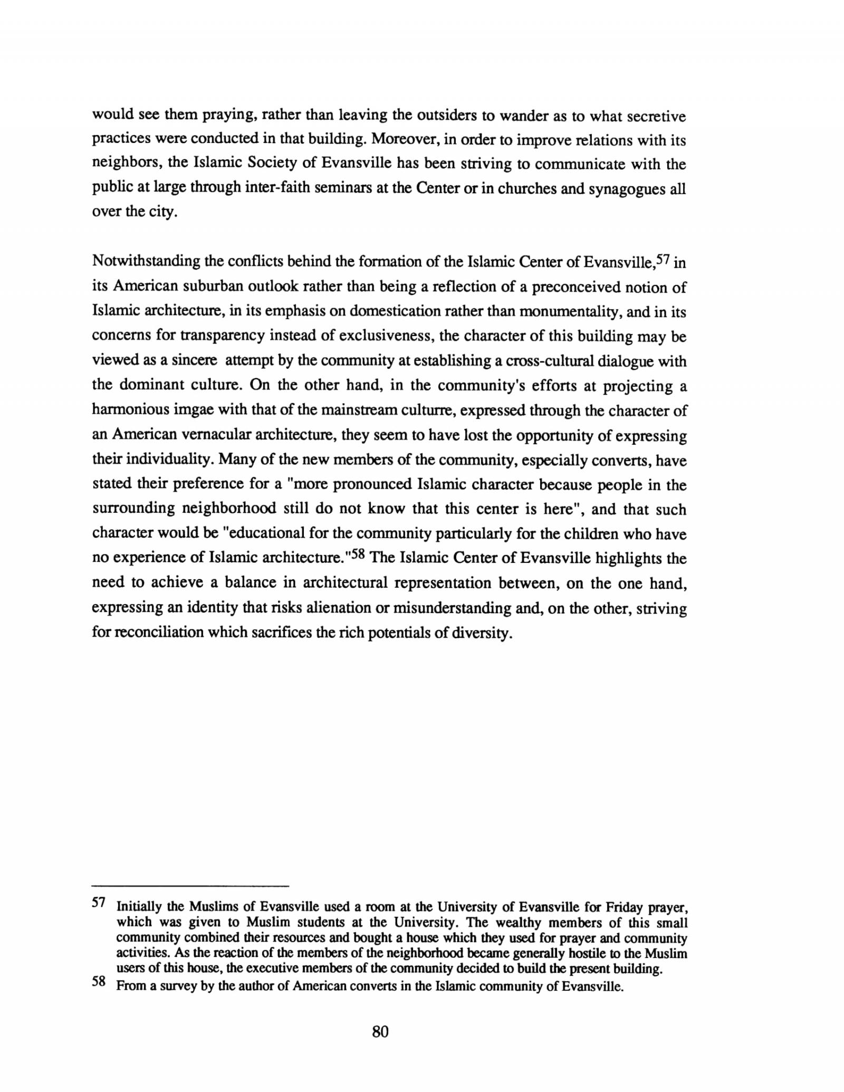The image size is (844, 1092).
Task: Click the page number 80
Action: [380, 1031]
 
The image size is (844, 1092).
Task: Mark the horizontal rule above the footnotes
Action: [190, 885]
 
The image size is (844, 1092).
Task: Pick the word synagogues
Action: [629, 189]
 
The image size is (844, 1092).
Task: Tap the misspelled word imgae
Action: [189, 410]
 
